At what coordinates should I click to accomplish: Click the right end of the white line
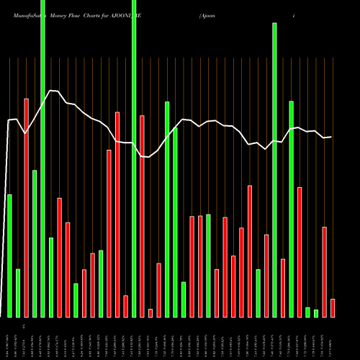pos(331,137)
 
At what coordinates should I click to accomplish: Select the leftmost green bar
pos(9,256)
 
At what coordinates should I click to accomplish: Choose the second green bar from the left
pos(18,293)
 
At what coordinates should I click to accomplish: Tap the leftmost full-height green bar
pos(42,158)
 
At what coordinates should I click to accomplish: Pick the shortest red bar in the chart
pos(150,312)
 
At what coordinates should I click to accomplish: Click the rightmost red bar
pos(333,307)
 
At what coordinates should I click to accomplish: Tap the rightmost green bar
pos(316,313)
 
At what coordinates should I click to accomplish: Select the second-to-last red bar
pos(324,271)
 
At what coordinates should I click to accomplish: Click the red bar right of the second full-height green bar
pos(142,216)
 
